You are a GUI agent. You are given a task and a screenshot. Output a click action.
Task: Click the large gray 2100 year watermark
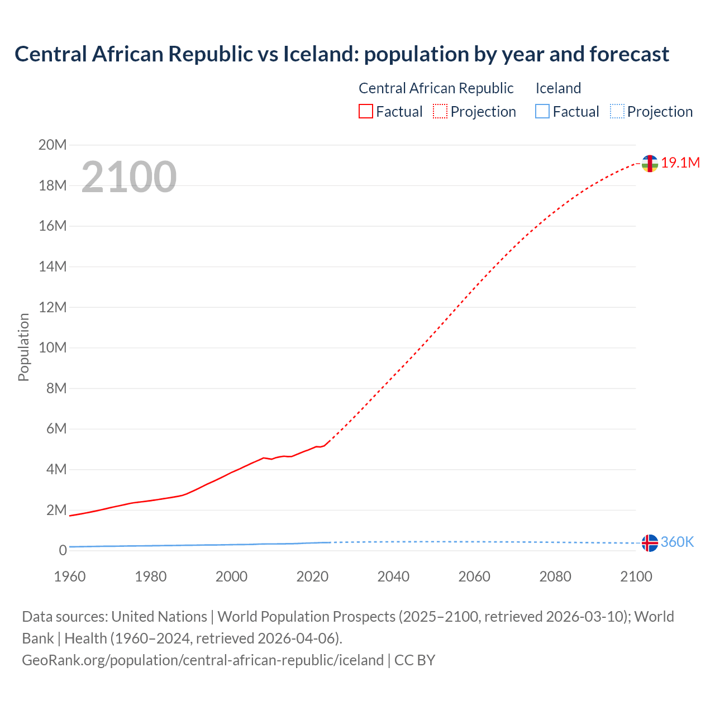coord(129,177)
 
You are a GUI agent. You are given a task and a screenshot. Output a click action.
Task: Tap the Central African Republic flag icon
coord(649,163)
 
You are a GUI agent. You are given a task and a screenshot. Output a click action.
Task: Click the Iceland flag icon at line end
coord(649,542)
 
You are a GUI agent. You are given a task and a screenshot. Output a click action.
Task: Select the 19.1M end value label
coord(680,163)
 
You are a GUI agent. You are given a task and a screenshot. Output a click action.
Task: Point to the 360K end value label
coord(677,542)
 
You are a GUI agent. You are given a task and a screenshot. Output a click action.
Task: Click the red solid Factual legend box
coord(366,111)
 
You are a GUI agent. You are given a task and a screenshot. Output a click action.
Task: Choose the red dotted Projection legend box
coord(440,111)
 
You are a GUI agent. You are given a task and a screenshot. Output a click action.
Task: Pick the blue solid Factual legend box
coord(542,111)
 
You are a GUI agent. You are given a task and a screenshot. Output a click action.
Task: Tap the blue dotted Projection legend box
coord(617,111)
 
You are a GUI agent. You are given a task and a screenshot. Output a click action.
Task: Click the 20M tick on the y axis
coord(53,145)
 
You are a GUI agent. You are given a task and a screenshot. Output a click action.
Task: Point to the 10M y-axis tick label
coord(53,347)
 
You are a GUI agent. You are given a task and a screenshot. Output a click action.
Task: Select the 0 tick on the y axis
coord(63,550)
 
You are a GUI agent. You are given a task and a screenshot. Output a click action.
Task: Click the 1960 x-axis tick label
coord(70,576)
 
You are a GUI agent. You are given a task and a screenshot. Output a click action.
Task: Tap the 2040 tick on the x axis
coord(393,576)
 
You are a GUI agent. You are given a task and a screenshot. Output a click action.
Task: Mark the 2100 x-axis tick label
coord(636,576)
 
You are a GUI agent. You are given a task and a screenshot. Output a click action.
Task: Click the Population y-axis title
coord(23,347)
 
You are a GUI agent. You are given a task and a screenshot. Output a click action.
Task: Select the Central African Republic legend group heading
coord(436,88)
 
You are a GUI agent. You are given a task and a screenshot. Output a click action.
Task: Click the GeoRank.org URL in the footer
coord(203,660)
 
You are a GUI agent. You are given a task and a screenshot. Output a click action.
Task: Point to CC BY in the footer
coord(414,660)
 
